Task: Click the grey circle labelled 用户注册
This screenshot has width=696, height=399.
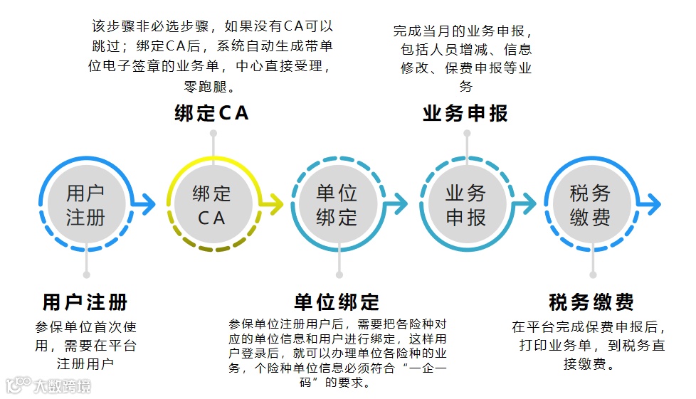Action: pyautogui.click(x=85, y=205)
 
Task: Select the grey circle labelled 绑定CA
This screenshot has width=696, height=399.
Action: pyautogui.click(x=211, y=205)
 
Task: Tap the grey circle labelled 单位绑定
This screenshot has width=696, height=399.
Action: pyautogui.click(x=337, y=205)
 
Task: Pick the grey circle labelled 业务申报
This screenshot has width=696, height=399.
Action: pyautogui.click(x=466, y=205)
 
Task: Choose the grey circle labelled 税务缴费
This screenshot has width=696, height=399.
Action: pyautogui.click(x=591, y=205)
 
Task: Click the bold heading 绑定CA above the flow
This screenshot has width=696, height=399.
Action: pyautogui.click(x=211, y=114)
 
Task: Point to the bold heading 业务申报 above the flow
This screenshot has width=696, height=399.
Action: pyautogui.click(x=465, y=114)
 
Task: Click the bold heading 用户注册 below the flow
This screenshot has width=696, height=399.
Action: pyautogui.click(x=85, y=302)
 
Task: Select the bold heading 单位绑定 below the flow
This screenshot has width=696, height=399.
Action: pyautogui.click(x=337, y=302)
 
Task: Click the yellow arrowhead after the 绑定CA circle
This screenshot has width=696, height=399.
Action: pyautogui.click(x=276, y=205)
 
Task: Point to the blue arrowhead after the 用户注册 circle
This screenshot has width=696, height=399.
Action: pyautogui.click(x=148, y=205)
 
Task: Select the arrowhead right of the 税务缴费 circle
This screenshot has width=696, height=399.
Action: pyautogui.click(x=654, y=205)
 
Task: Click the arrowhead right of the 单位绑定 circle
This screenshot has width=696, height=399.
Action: pyautogui.click(x=402, y=205)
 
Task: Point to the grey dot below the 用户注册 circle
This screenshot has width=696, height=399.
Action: pyautogui.click(x=86, y=275)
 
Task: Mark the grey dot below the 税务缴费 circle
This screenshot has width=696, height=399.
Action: pyautogui.click(x=592, y=275)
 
